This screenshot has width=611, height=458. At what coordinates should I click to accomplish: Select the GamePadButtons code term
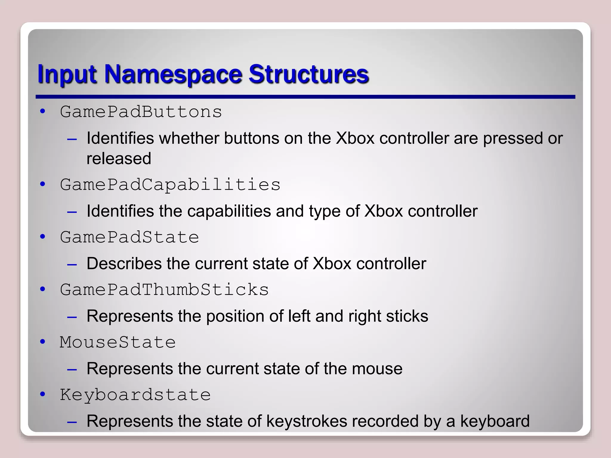pyautogui.click(x=141, y=112)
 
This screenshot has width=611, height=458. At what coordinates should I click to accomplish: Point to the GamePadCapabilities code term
pyautogui.click(x=170, y=185)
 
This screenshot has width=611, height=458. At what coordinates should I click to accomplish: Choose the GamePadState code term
pyautogui.click(x=129, y=237)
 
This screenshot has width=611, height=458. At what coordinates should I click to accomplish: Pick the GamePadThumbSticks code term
pyautogui.click(x=164, y=290)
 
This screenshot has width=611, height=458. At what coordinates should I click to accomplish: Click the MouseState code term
pyautogui.click(x=118, y=342)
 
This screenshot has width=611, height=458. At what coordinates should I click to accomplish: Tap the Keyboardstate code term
pyautogui.click(x=135, y=395)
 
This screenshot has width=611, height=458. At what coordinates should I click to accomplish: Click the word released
pyautogui.click(x=119, y=158)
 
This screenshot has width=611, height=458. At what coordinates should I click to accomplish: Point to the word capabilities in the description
pyautogui.click(x=229, y=211)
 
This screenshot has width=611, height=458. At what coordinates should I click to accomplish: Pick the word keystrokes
pyautogui.click(x=306, y=421)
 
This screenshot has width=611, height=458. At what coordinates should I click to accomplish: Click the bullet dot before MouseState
pyautogui.click(x=43, y=342)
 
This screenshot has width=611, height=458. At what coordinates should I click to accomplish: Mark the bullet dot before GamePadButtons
pyautogui.click(x=43, y=112)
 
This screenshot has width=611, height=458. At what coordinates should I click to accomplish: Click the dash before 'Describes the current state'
pyautogui.click(x=72, y=264)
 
